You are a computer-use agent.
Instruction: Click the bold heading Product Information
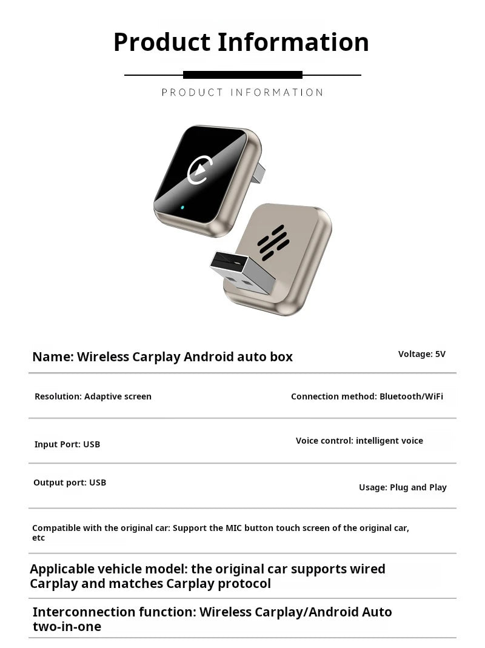241,42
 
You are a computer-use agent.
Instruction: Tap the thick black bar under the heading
242,75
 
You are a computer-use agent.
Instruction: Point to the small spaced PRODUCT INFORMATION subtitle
242,93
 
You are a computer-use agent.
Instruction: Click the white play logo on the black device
198,170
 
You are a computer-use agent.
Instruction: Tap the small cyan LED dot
182,207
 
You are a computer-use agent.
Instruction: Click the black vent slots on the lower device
272,241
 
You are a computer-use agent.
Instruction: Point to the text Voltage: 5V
421,354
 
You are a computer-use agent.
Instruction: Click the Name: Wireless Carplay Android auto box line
162,356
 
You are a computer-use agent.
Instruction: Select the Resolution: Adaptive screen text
93,396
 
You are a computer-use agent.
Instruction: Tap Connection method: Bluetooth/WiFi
367,396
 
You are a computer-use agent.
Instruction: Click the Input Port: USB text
67,444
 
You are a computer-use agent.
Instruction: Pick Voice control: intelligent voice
360,441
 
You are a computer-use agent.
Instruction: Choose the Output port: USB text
70,483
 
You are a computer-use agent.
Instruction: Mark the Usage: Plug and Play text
403,487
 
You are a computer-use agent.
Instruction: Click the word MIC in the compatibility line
233,528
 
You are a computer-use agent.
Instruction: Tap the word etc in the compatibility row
38,538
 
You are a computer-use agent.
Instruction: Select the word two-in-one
67,626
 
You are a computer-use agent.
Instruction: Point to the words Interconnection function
114,612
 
